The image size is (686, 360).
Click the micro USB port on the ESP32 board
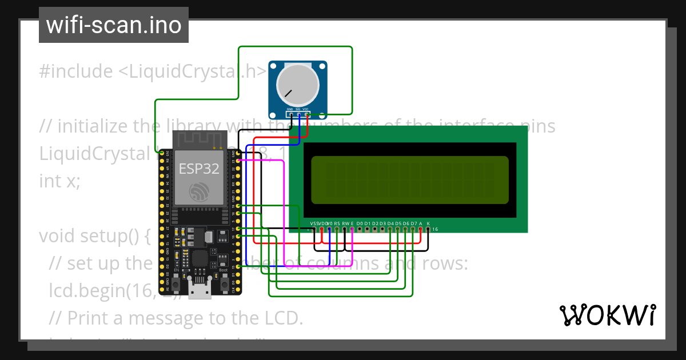200,290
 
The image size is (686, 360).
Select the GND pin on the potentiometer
290,114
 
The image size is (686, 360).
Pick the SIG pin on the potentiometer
298,114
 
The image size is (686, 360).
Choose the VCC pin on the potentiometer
306,114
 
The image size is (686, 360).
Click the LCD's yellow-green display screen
409,180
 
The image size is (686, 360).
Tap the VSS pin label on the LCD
313,223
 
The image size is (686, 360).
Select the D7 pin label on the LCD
413,223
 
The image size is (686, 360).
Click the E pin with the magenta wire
352,229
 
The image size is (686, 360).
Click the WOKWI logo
607,315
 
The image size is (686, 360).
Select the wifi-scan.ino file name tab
113,26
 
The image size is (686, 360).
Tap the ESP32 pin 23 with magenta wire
238,161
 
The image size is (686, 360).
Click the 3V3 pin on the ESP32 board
162,153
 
